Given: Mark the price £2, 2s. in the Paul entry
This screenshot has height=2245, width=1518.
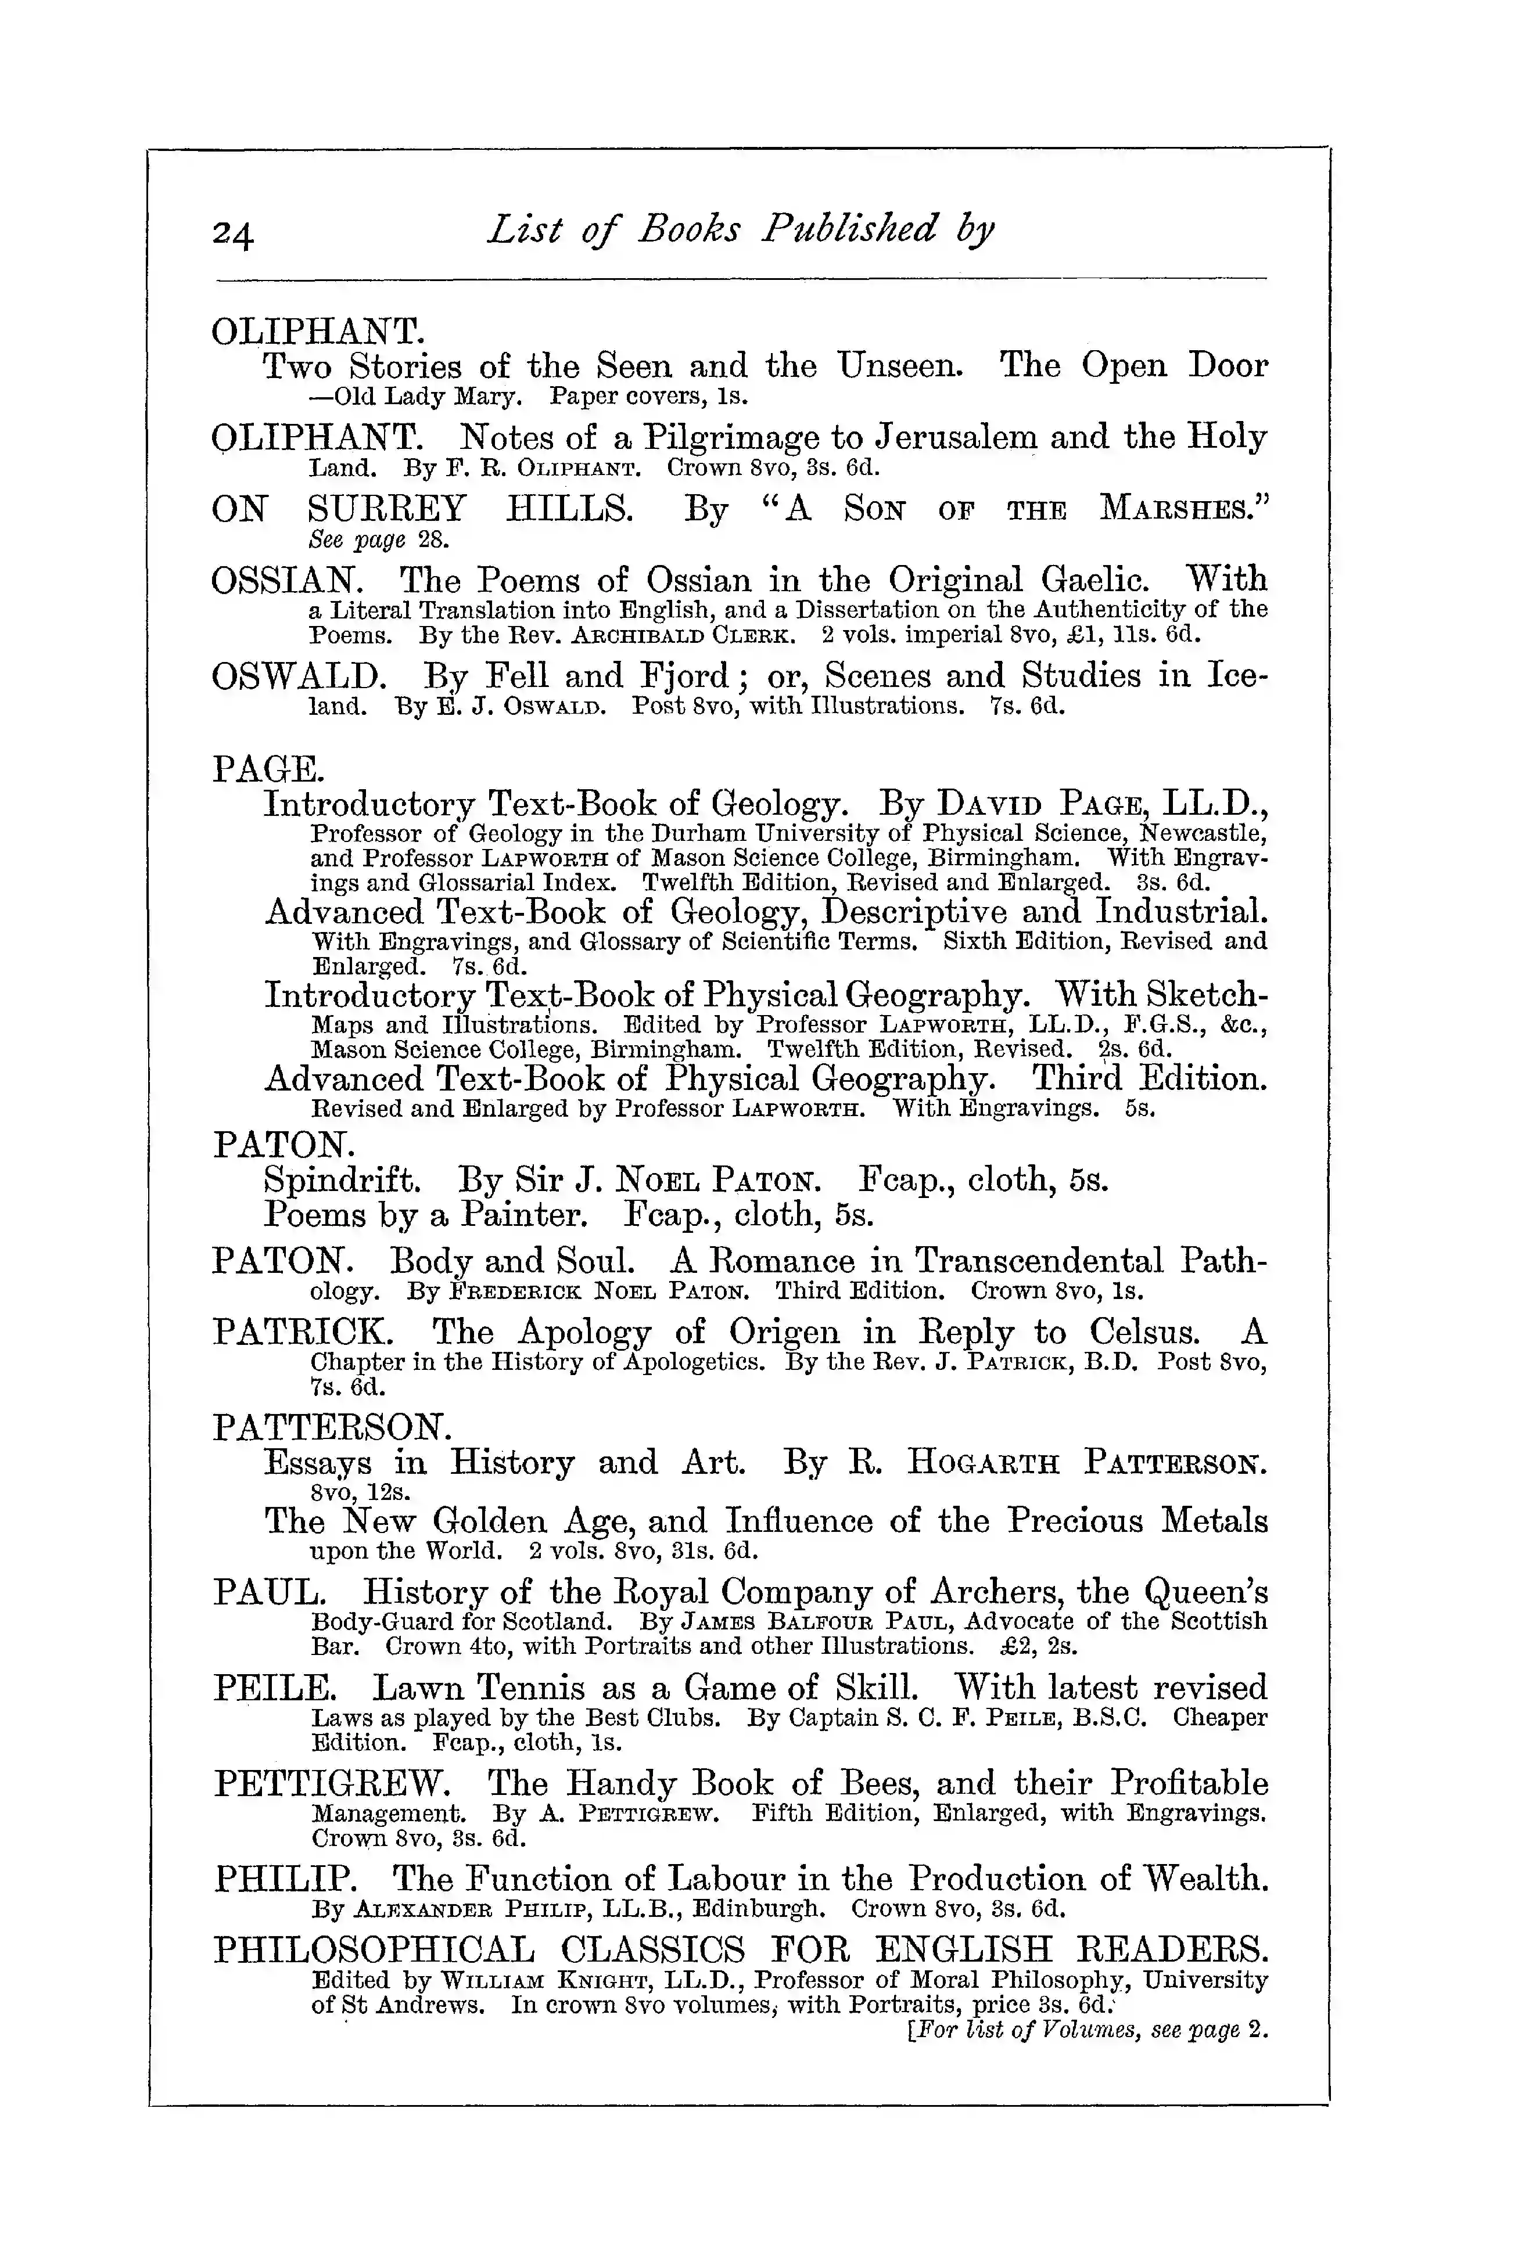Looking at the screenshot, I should point(1040,1646).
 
